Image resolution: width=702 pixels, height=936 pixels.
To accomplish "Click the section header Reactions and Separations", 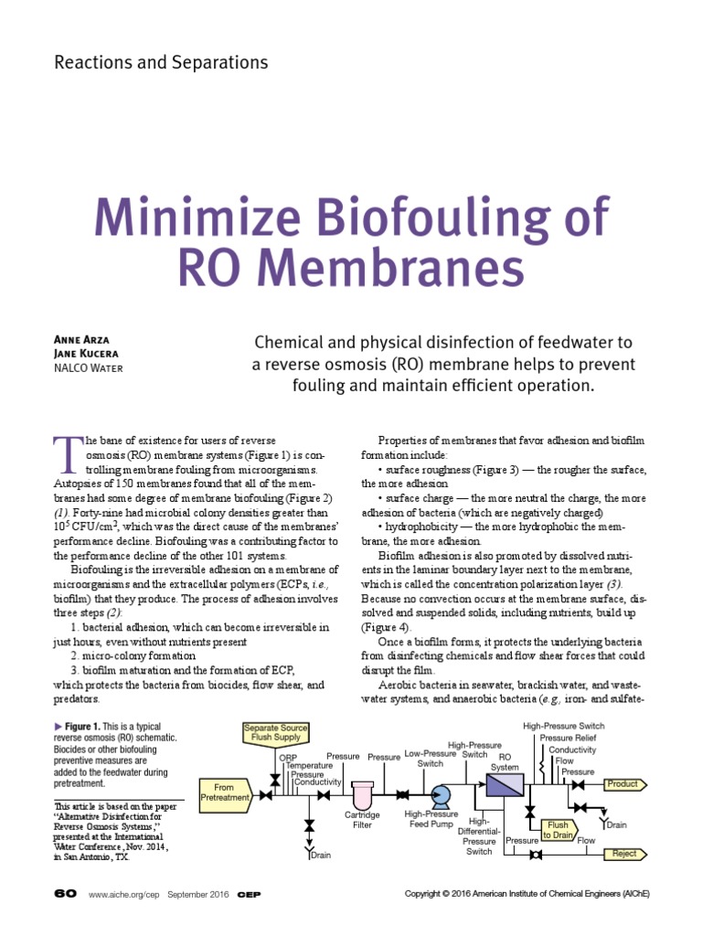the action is point(162,63).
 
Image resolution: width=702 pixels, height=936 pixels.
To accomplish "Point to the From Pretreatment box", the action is point(225,792).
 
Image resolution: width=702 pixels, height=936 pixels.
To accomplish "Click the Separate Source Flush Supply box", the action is point(275,732).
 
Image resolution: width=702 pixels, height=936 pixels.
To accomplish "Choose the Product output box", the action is point(625,783).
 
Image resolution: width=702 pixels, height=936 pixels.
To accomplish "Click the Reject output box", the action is point(625,854).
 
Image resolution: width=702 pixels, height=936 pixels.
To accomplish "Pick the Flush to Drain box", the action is point(558,829).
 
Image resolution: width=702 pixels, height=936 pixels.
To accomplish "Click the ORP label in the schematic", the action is point(287,757).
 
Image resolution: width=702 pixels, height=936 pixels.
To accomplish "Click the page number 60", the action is point(66,893).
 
